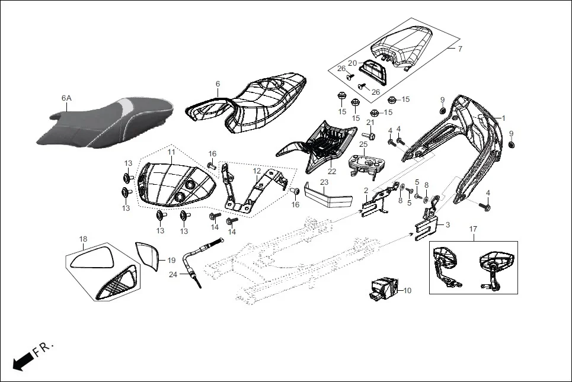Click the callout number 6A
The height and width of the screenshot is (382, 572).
(67, 98)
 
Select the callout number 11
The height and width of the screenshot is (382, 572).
(171, 152)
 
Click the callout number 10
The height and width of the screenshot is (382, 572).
(407, 291)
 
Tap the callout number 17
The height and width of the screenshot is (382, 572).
(473, 229)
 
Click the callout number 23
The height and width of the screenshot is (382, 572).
(324, 182)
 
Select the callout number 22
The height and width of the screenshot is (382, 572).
(331, 172)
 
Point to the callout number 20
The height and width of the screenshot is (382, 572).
(352, 63)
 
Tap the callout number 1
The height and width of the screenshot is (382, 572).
(504, 118)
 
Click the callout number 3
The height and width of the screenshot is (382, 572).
(447, 225)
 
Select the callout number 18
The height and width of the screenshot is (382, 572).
(83, 239)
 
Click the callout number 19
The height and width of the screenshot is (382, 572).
(171, 260)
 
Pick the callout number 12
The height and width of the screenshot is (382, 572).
(257, 171)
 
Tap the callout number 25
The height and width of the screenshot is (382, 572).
(363, 144)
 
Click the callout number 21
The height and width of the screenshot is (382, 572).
(370, 122)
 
